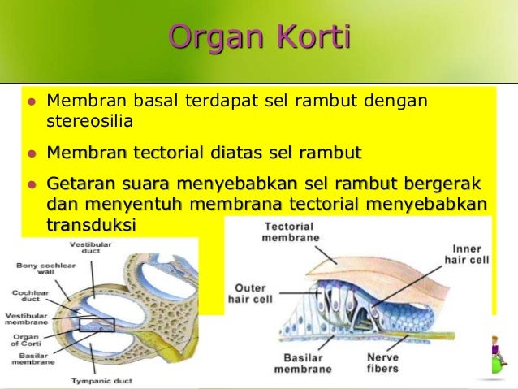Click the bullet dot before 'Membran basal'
tap(32, 103)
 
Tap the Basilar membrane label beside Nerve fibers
tap(302, 362)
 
